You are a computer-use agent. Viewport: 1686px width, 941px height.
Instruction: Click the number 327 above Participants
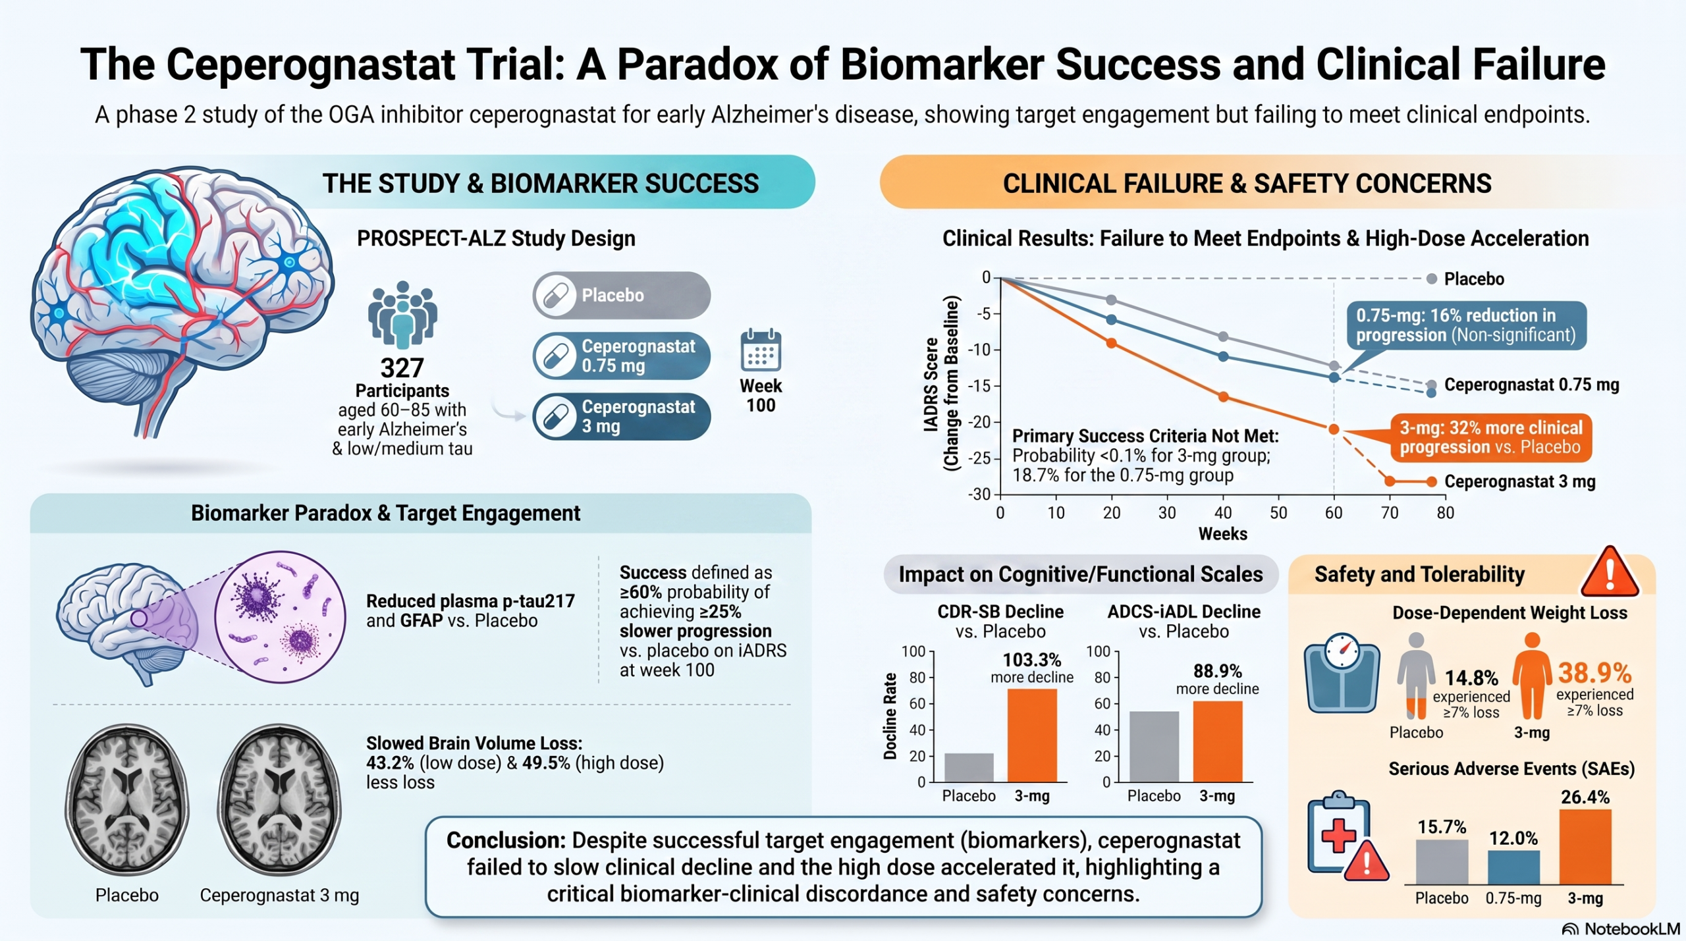click(x=402, y=367)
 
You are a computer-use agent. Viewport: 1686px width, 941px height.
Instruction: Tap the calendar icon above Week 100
click(x=761, y=350)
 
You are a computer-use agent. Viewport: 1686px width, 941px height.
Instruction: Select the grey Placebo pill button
click(x=622, y=295)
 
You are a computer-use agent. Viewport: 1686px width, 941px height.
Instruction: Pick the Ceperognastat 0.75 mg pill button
click(x=622, y=356)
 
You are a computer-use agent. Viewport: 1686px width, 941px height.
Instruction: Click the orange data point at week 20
click(x=1111, y=343)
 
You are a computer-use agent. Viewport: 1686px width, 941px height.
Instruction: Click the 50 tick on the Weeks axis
click(x=1278, y=513)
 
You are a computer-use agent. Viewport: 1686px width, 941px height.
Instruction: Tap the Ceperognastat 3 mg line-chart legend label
click(x=1519, y=481)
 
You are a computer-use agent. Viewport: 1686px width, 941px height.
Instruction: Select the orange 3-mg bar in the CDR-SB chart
click(x=1032, y=736)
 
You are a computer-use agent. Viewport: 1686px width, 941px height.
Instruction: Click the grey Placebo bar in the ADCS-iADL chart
click(x=1154, y=747)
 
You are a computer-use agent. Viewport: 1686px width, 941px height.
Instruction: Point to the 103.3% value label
click(x=1032, y=660)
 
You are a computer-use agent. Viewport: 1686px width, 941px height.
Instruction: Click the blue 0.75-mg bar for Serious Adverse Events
click(x=1513, y=867)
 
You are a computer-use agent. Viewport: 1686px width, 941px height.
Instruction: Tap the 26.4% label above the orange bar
click(x=1585, y=797)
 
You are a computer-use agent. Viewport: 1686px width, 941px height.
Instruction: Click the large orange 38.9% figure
click(x=1594, y=673)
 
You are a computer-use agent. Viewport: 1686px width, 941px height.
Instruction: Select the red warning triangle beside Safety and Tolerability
click(x=1610, y=572)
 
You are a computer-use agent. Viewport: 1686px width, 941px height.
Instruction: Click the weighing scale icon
click(x=1342, y=672)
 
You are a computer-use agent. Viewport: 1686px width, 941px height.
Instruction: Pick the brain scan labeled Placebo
click(x=126, y=799)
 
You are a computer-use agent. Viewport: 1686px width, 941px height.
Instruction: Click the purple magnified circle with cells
click(x=281, y=617)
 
